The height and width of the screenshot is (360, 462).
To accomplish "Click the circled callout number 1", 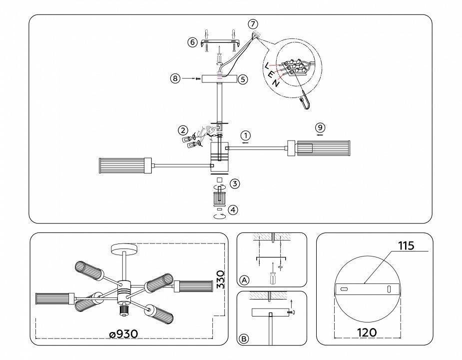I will pyautogui.click(x=245, y=135).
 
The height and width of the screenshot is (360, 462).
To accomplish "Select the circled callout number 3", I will pyautogui.click(x=235, y=184).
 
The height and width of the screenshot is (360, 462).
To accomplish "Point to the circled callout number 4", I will pyautogui.click(x=233, y=210).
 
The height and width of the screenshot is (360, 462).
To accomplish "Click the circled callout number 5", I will pyautogui.click(x=243, y=79).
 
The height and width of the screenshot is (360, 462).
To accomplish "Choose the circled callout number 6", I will pyautogui.click(x=193, y=42).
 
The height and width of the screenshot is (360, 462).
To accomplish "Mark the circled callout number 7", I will pyautogui.click(x=253, y=24).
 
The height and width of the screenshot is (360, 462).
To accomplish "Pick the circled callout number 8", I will pyautogui.click(x=174, y=78).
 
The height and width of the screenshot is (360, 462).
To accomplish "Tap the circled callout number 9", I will pyautogui.click(x=320, y=127).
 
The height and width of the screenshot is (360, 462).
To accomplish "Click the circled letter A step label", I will pyautogui.click(x=244, y=280).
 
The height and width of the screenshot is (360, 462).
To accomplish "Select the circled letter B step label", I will pyautogui.click(x=244, y=338).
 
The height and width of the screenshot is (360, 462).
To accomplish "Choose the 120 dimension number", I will pyautogui.click(x=367, y=332).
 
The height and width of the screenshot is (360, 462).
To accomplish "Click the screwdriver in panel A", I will pyautogui.click(x=273, y=273).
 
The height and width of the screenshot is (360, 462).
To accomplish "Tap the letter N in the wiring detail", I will pyautogui.click(x=276, y=82).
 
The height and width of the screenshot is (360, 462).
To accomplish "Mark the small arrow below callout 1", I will pyautogui.click(x=245, y=142).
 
